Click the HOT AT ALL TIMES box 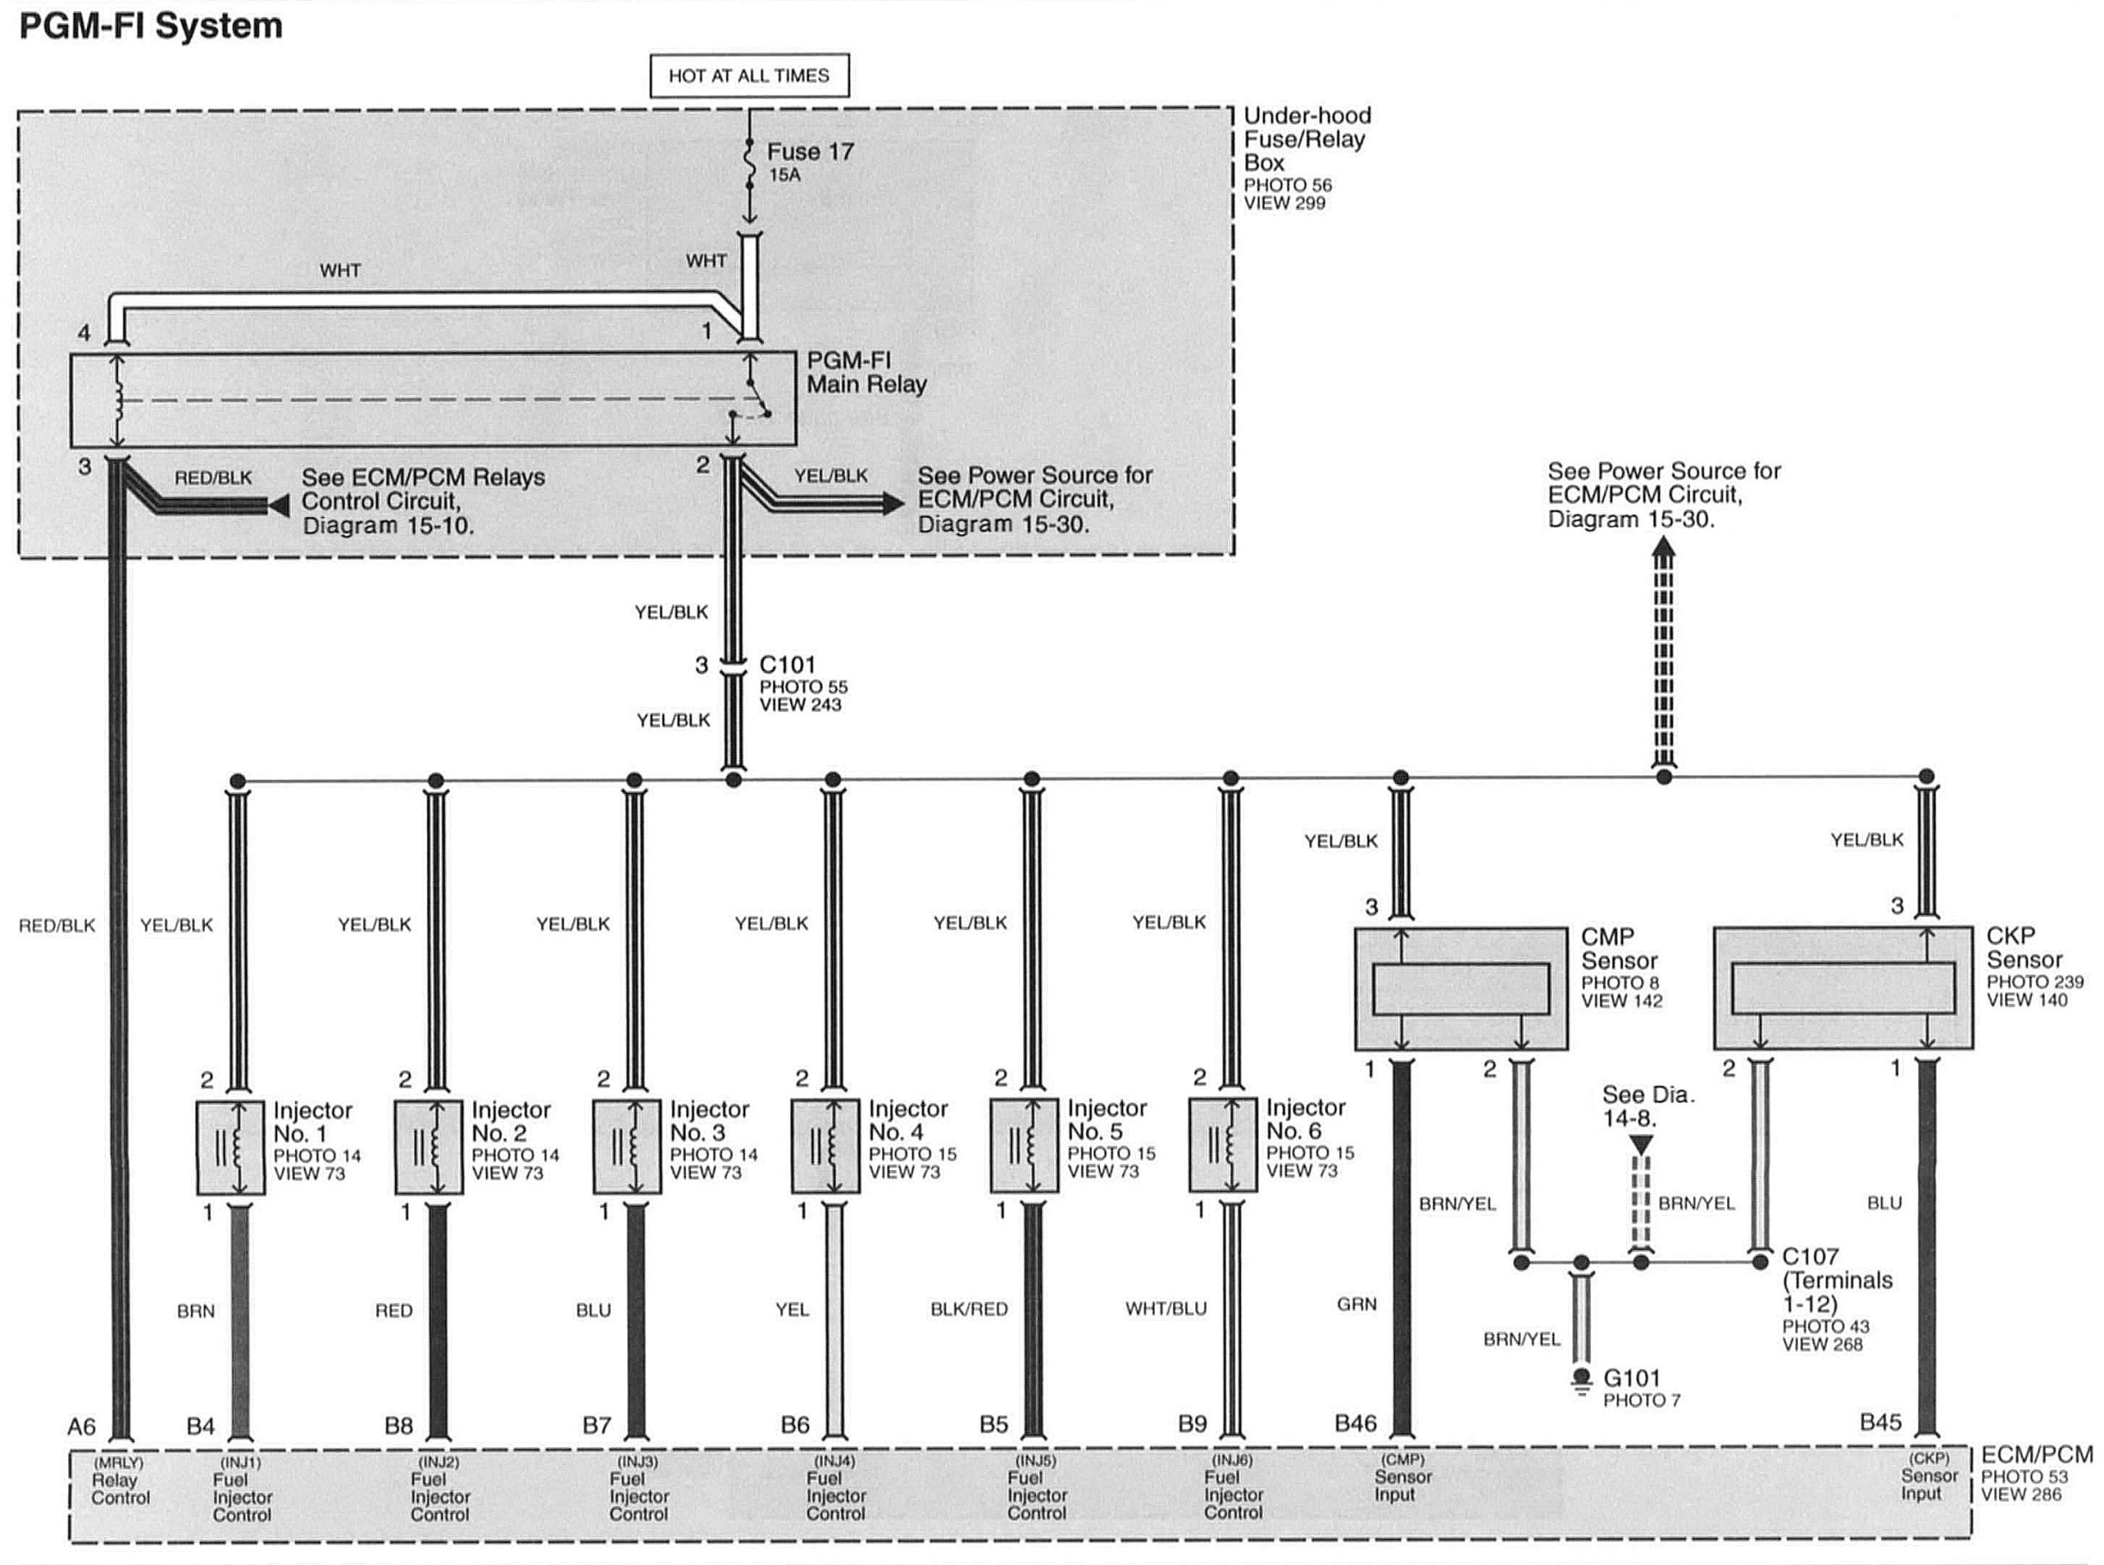coord(749,76)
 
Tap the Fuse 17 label coord(809,151)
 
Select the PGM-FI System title coord(151,26)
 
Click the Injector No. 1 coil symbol coord(231,1146)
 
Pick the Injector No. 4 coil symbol coord(825,1145)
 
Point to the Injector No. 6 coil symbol coord(1223,1144)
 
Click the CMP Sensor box coord(1461,988)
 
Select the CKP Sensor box coord(1842,987)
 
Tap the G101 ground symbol coord(1580,1382)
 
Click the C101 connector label coord(787,665)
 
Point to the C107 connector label coord(1810,1257)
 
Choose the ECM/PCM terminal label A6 coord(82,1426)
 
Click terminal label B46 coord(1354,1424)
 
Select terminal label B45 coord(1879,1422)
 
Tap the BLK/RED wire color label coord(968,1309)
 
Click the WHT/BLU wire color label coord(1165,1309)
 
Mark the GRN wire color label coord(1355,1304)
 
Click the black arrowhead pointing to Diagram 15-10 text coord(279,506)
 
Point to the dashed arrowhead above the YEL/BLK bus coord(1663,547)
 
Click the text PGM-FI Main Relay coord(866,373)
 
